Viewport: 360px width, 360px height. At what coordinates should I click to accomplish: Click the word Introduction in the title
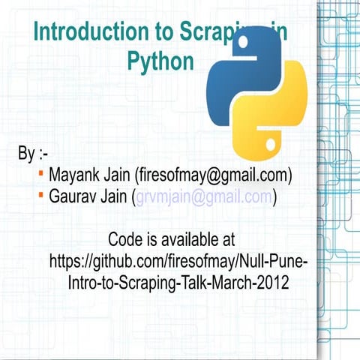point(82,32)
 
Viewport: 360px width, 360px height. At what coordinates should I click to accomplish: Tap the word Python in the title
point(160,61)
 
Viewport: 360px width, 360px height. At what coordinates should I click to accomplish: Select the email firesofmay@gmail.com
point(213,175)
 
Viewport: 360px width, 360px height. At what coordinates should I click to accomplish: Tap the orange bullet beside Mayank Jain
point(40,174)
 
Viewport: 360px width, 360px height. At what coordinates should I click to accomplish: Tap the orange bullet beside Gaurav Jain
point(40,195)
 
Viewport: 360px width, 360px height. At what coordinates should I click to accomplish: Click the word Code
point(124,241)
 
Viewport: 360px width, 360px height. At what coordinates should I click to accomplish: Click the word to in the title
point(163,32)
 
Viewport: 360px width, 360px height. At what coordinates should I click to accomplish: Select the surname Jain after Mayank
point(117,175)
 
